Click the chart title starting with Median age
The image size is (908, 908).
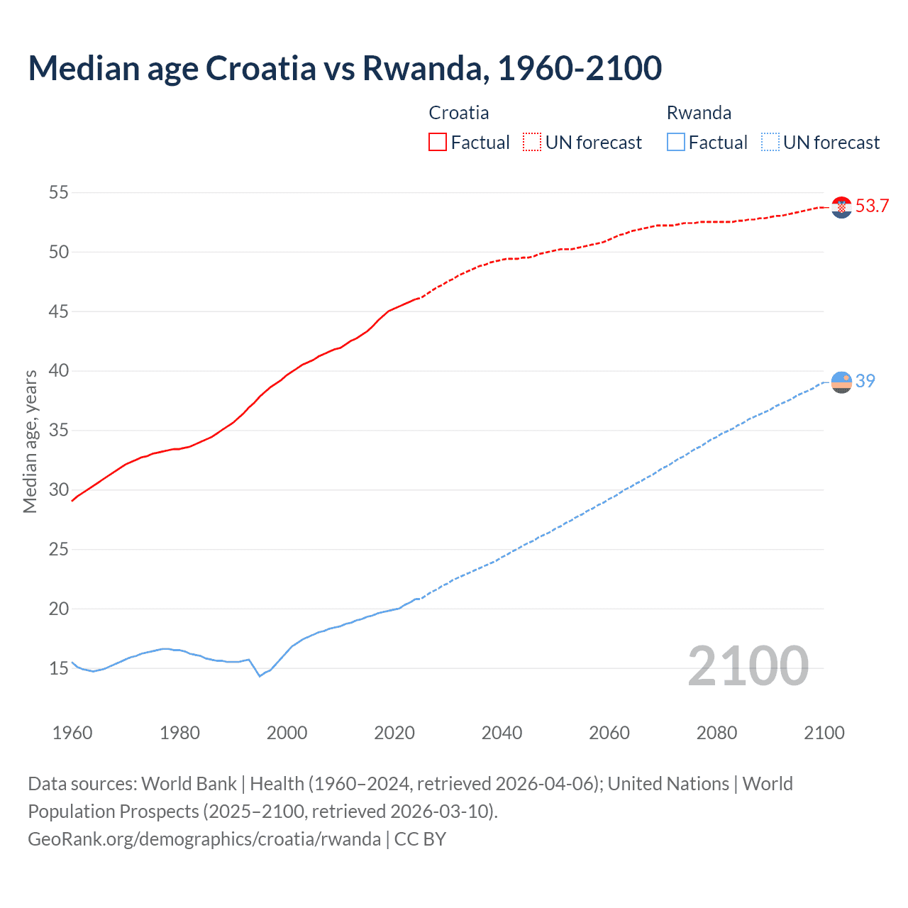pyautogui.click(x=345, y=68)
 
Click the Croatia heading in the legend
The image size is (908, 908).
pyautogui.click(x=458, y=113)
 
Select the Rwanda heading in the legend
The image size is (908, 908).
pyautogui.click(x=699, y=113)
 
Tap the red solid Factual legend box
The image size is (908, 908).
pyautogui.click(x=438, y=142)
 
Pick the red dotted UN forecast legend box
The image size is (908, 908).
pyautogui.click(x=532, y=142)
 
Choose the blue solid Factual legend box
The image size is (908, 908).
pyautogui.click(x=676, y=142)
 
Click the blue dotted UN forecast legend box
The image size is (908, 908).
pyautogui.click(x=770, y=142)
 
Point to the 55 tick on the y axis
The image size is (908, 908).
pyautogui.click(x=59, y=192)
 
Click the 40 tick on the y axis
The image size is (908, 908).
pyautogui.click(x=59, y=371)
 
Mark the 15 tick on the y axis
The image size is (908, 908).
pyautogui.click(x=59, y=668)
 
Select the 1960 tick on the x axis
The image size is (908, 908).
pyautogui.click(x=72, y=733)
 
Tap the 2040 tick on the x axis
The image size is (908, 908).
pyautogui.click(x=502, y=733)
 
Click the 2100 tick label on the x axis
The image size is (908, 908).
pyautogui.click(x=824, y=733)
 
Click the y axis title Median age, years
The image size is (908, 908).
pyautogui.click(x=30, y=441)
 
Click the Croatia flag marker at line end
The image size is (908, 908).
pyautogui.click(x=841, y=207)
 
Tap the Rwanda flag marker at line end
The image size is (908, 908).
pyautogui.click(x=841, y=382)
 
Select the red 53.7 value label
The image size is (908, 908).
pyautogui.click(x=872, y=206)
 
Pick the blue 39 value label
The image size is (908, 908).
pyautogui.click(x=865, y=382)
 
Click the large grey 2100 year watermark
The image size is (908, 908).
pyautogui.click(x=748, y=666)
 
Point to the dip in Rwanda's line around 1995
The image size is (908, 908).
pyautogui.click(x=260, y=675)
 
